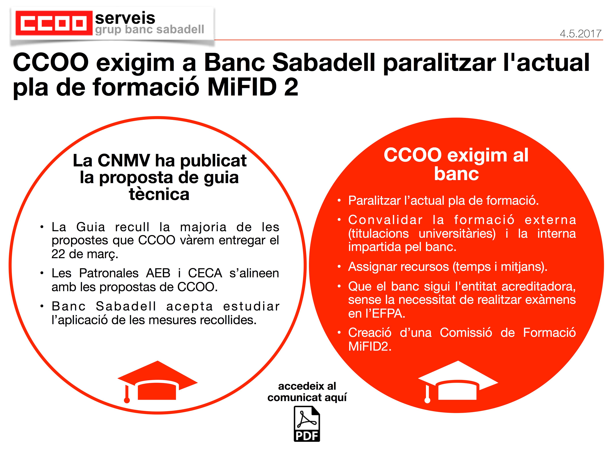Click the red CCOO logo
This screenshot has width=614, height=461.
(x=54, y=23)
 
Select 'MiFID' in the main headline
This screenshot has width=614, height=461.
(x=242, y=87)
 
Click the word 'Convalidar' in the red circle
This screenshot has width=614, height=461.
(x=385, y=220)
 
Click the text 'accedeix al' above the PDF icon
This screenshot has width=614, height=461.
(x=307, y=386)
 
